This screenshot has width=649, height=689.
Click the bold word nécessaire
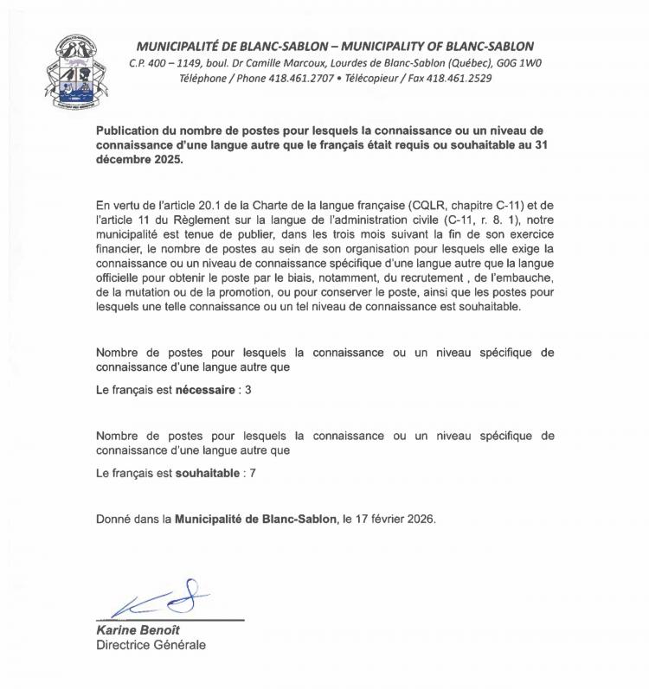[x=206, y=391]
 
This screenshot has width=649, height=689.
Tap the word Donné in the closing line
[x=114, y=520]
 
